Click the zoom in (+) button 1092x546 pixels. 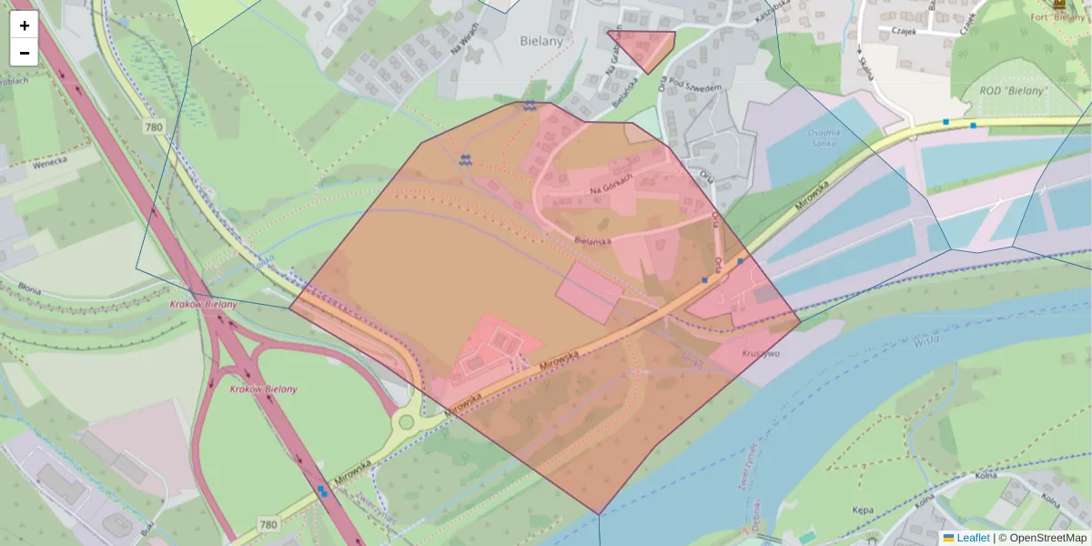coord(25,25)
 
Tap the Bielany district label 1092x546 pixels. coord(541,40)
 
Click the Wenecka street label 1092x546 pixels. coord(49,163)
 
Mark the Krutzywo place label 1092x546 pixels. coord(761,353)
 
